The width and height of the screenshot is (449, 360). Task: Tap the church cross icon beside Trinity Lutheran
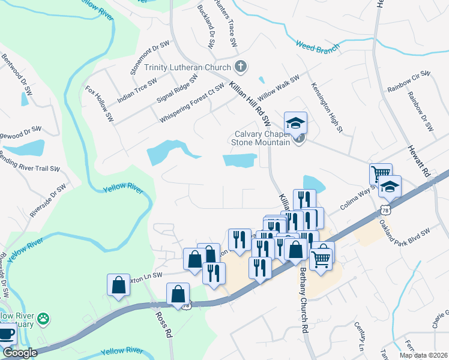click(240, 66)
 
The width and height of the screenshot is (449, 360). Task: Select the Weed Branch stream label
click(317, 46)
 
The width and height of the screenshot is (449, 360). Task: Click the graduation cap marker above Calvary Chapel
click(295, 124)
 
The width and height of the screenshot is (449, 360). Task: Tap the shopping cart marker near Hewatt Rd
click(381, 175)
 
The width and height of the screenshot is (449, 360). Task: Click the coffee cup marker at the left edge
click(6, 334)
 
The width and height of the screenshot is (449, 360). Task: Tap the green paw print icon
click(43, 319)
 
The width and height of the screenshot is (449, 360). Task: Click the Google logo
click(20, 353)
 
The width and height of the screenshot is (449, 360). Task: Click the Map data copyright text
click(423, 355)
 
